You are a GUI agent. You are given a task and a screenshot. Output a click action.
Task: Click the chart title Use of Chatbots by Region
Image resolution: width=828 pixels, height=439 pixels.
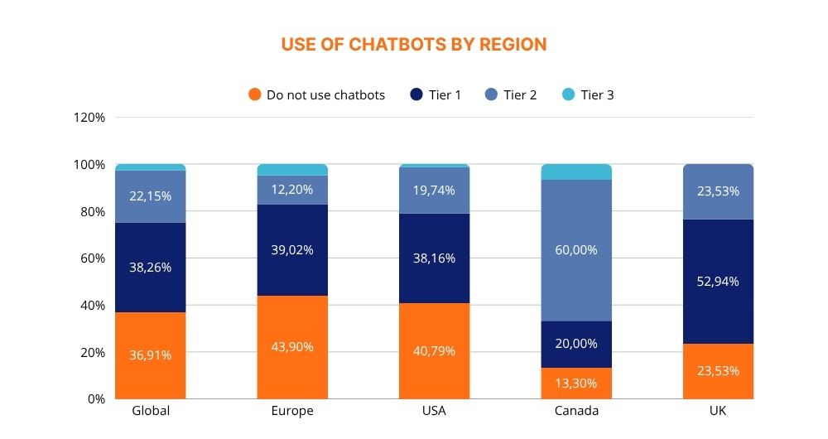pos(414,44)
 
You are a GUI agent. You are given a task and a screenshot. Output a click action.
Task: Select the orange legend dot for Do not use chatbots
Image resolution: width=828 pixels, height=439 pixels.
pos(255,94)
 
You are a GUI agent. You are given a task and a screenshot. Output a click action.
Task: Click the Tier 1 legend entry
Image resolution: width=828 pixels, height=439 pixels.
pos(436,94)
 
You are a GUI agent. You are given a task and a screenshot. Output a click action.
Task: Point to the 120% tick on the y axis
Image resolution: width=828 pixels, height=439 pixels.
pos(89,118)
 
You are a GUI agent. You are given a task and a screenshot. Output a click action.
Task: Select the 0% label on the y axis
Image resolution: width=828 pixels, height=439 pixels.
pos(95,398)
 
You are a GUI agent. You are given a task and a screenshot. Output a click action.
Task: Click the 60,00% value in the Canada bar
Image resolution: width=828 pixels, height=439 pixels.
pos(576,249)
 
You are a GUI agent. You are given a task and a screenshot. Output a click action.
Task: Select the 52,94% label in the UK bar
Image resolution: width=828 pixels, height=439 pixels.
pos(718,281)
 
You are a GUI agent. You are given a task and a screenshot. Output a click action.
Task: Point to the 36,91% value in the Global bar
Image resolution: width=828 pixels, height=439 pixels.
pos(151,355)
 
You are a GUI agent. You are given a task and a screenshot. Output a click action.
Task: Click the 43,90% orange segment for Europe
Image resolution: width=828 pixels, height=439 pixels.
pos(292,347)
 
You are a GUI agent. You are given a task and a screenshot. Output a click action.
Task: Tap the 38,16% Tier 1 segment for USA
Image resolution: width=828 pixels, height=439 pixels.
pos(434,258)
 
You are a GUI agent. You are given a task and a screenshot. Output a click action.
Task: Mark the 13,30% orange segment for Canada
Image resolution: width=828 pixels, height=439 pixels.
pos(576,383)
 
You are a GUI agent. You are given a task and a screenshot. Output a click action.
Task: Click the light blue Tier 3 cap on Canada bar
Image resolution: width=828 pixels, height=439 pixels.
pos(576,171)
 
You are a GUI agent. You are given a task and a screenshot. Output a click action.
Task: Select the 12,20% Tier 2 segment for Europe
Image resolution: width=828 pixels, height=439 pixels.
pos(292,190)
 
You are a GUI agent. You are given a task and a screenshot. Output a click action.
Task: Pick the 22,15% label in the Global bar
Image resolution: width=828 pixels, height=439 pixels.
pos(151,195)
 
